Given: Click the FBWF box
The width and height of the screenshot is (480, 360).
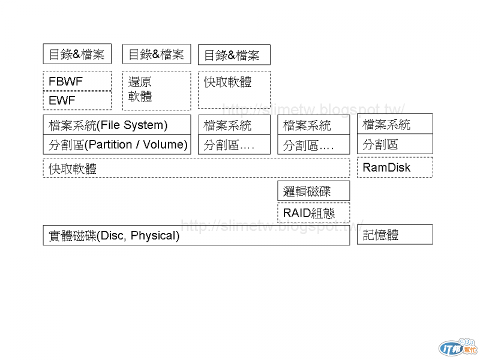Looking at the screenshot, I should tap(77, 80).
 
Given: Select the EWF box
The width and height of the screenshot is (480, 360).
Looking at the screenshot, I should tap(77, 100).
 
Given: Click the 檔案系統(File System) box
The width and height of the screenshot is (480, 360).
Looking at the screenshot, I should tap(116, 125).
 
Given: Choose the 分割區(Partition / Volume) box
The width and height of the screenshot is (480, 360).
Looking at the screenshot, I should tap(116, 145).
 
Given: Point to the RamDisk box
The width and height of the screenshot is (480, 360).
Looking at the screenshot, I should tap(395, 167).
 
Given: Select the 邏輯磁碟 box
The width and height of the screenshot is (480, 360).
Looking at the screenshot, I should tap(313, 192).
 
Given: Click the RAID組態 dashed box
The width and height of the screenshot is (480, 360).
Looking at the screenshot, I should tap(313, 213).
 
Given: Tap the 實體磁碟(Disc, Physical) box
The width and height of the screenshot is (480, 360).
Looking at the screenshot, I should tap(196, 235).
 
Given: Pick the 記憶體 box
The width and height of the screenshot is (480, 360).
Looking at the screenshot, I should tap(395, 235).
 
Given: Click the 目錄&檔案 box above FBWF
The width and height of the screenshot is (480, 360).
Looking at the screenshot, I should tap(77, 54).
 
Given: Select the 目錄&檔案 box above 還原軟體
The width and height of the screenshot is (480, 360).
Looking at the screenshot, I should tap(157, 54).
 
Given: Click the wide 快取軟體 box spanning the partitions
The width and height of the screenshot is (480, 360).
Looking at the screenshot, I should tap(196, 168).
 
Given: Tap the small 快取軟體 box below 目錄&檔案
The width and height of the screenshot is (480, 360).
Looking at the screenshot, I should tap(234, 90).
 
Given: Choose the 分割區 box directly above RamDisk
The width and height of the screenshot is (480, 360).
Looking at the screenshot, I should tap(395, 144).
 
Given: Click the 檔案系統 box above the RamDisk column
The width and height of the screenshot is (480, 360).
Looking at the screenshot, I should tap(395, 124).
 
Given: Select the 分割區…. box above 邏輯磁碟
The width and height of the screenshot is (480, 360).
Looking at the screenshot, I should tap(313, 145).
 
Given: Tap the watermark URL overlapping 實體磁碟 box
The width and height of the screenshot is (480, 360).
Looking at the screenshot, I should tap(273, 226).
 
